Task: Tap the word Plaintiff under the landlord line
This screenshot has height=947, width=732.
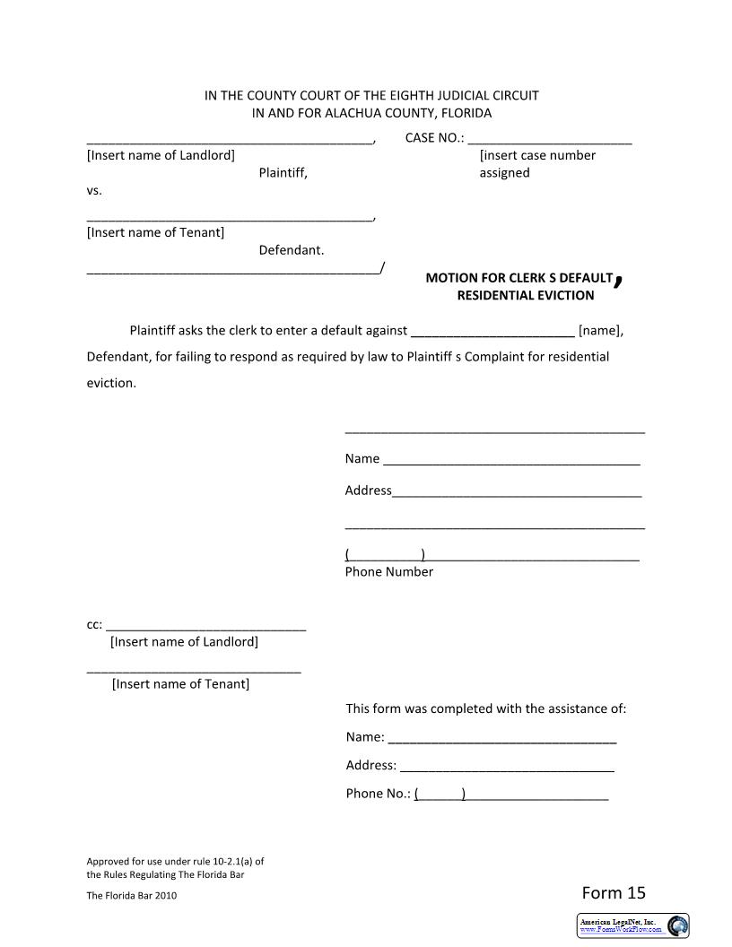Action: click(283, 173)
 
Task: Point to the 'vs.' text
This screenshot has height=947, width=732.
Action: click(94, 191)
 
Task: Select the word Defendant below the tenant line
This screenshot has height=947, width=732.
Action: click(291, 250)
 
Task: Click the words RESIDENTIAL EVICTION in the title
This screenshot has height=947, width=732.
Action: click(525, 295)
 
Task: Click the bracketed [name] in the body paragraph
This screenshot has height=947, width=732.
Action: click(600, 330)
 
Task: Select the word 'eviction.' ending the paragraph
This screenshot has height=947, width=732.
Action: click(111, 383)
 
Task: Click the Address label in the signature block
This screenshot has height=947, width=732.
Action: click(368, 491)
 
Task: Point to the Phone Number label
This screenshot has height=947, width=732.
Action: click(388, 572)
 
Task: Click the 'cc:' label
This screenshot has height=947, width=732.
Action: click(94, 625)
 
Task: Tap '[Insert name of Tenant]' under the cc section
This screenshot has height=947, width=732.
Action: click(180, 684)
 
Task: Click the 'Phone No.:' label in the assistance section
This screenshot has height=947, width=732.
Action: click(378, 794)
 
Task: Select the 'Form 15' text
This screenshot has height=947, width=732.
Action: click(614, 892)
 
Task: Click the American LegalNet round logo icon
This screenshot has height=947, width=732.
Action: click(678, 925)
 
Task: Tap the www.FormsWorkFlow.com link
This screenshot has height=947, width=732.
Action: click(621, 930)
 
